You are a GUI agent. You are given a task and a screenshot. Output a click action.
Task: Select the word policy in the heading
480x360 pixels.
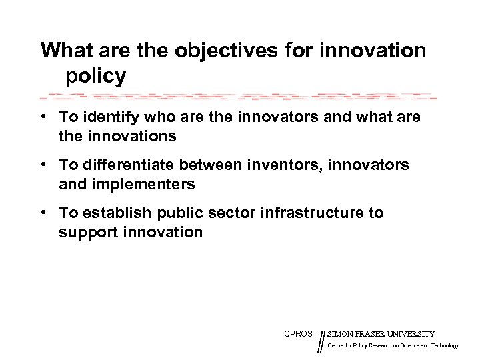click(x=95, y=76)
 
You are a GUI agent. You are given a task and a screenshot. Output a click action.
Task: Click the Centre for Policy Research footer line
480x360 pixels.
click(x=393, y=345)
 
